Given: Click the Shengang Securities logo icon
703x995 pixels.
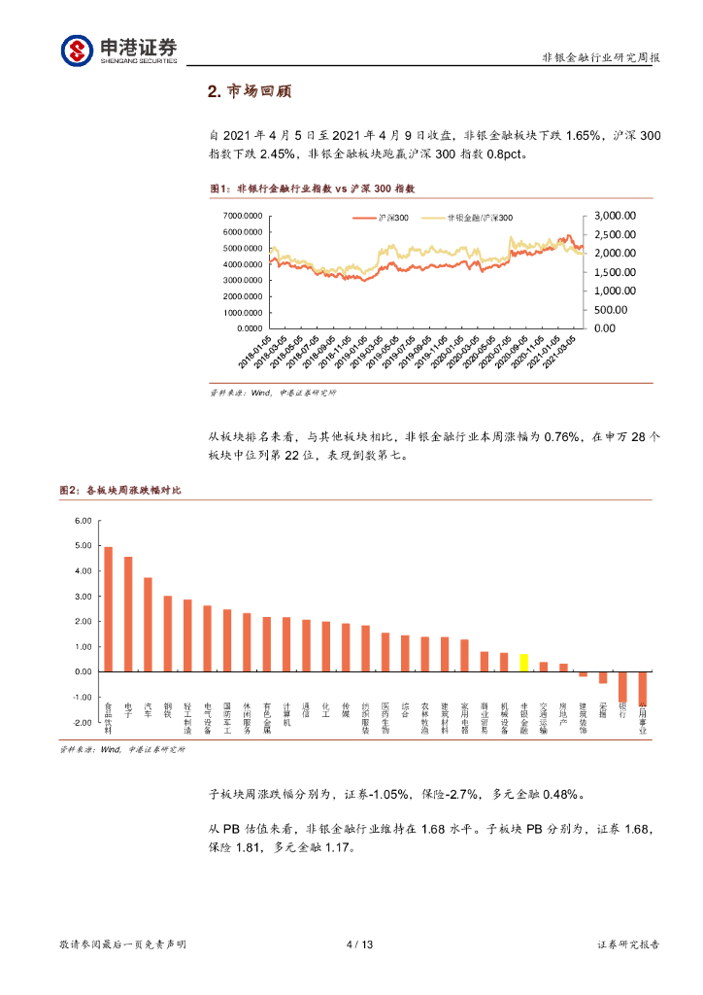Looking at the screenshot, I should pos(76,50).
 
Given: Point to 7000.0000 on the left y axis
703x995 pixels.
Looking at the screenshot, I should pos(244,216).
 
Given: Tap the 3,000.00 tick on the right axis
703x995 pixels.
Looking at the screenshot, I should pos(615,215).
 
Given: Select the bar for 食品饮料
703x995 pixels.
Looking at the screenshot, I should pos(108,609).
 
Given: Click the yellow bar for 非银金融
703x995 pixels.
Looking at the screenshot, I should pos(523,663).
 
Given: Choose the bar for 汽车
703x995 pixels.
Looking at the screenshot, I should pos(148,625).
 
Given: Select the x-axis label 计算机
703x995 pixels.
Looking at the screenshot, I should pos(286,714).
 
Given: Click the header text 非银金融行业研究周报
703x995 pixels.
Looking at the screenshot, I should pos(601,58).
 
